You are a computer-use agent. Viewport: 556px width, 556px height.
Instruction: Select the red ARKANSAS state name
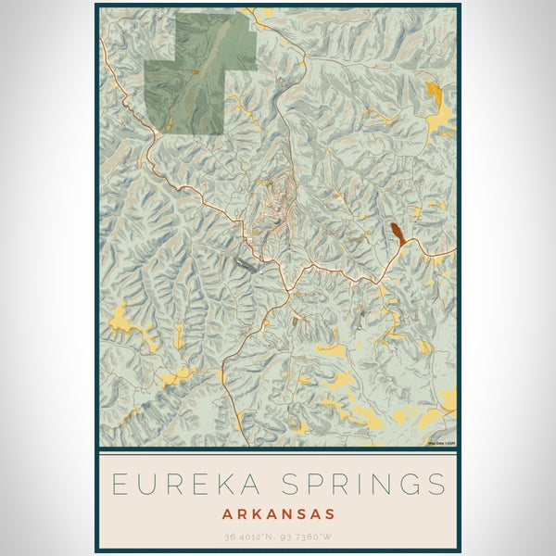click(277, 512)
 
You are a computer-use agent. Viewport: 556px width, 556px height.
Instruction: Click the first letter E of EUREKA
click(118, 484)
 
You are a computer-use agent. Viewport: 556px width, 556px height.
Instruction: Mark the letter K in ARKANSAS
click(255, 512)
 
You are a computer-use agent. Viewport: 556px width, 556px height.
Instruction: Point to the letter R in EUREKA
click(169, 484)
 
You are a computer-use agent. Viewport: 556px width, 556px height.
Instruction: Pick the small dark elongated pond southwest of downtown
click(246, 267)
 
